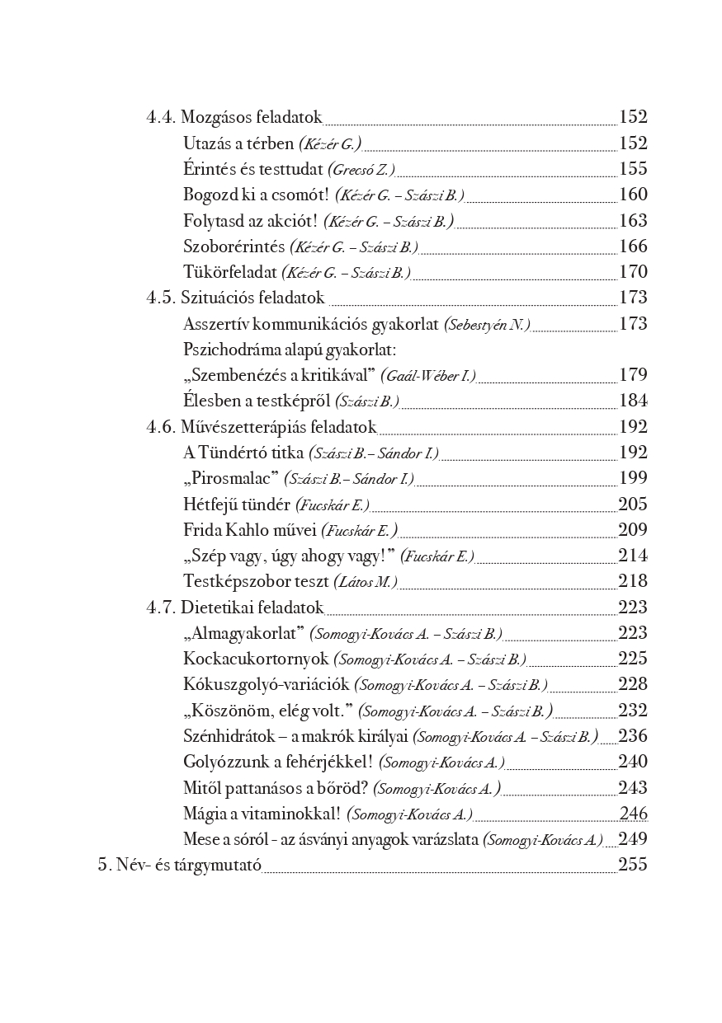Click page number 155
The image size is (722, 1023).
pos(633,169)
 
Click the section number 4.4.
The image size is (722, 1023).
pos(161,117)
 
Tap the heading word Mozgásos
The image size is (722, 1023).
pos(217,118)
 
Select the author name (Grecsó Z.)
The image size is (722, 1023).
pos(361,170)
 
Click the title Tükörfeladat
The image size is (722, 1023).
pos(230,272)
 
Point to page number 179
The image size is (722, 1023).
pos(633,375)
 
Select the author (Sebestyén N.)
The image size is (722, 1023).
pos(487,324)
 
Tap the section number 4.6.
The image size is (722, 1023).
pos(161,427)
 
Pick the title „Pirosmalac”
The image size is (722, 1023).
pos(230,478)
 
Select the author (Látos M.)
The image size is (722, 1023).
pos(366,581)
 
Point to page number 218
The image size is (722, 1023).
pos(633,581)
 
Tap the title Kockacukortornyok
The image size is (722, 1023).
pos(257,659)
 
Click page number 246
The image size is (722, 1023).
pos(633,814)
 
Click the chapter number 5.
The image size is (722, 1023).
pos(104,865)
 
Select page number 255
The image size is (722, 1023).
pos(633,865)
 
